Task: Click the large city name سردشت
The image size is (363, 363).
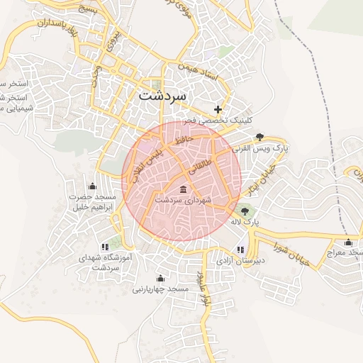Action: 162,94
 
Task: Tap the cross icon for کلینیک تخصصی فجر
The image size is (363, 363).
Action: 218,109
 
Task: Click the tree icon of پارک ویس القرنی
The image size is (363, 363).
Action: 259,137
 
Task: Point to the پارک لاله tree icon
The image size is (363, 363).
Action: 246,210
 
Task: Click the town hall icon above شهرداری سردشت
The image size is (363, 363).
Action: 184,189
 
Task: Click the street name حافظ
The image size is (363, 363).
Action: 184,140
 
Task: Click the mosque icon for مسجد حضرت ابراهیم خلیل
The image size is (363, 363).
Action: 91,185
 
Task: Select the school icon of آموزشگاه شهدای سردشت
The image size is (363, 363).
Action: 106,247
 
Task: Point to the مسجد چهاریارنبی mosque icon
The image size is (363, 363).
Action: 160,277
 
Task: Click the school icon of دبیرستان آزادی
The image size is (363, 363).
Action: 240,249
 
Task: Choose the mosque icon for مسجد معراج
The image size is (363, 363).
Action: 347,241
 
